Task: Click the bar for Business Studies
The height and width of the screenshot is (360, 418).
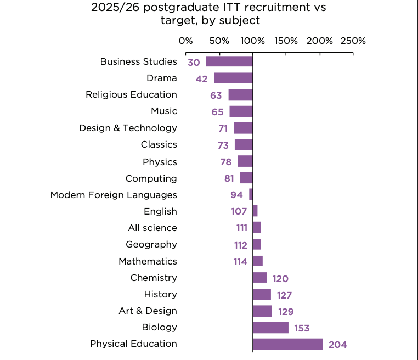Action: coord(229,61)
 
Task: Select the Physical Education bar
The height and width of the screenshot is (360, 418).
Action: coord(287,344)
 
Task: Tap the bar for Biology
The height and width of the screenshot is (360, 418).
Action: coord(270,328)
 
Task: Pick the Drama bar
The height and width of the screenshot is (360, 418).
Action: coord(233,78)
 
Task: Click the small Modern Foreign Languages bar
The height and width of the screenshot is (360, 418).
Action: coord(251,194)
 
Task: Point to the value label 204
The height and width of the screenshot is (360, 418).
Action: coord(338,345)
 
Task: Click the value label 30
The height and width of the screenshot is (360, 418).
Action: coord(194,63)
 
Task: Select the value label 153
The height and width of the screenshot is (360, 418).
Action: coord(301,328)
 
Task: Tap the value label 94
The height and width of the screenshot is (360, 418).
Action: coord(236,195)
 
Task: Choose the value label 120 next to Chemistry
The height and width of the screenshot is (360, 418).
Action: coord(280,279)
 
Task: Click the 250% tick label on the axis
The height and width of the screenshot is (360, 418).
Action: coord(353,41)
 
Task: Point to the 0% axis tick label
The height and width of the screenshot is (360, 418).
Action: coord(186,41)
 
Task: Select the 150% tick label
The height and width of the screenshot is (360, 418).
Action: coord(286,41)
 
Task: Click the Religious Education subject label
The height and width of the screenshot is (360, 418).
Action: coord(131,94)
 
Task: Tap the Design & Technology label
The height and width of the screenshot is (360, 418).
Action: coord(128,128)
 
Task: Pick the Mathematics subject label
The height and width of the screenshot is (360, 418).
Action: coord(148,261)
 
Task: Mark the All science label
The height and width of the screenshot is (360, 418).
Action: coord(152,228)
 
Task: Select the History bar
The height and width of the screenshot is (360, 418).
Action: coord(262,295)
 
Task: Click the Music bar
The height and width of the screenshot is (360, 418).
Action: coord(241,111)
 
